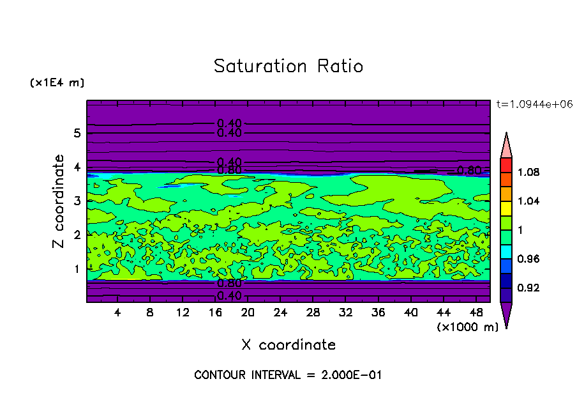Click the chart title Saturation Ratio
(288, 66)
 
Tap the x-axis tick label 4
(117, 313)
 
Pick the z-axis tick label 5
(77, 134)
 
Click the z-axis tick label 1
(77, 269)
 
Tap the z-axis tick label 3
(77, 201)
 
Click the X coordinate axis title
(288, 345)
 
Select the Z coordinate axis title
(59, 201)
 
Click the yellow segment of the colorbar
(506, 208)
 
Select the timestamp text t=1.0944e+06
(530, 104)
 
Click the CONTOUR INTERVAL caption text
(288, 375)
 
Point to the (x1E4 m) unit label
(57, 83)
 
